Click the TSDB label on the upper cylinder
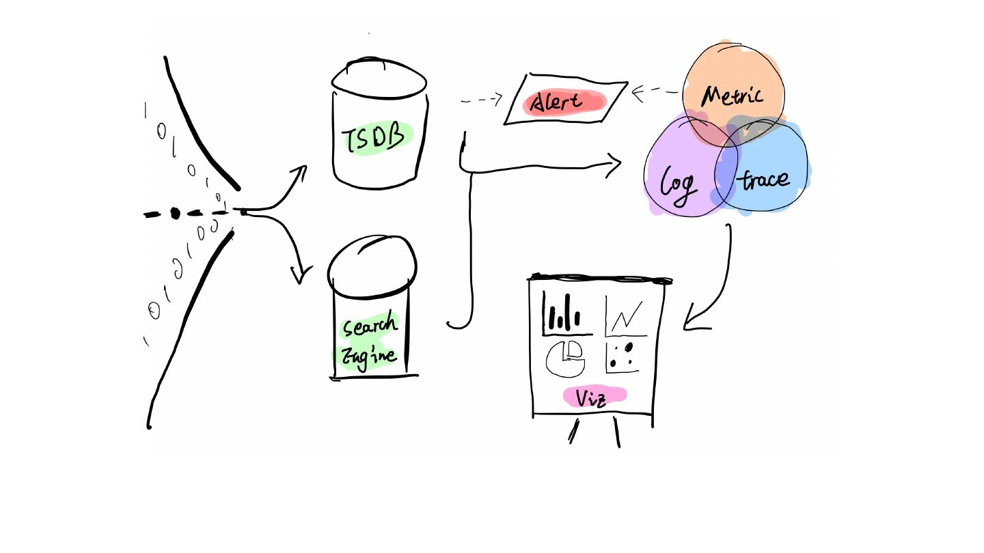(x=377, y=139)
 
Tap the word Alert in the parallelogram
(x=557, y=103)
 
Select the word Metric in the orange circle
(x=732, y=95)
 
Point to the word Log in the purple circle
(x=678, y=183)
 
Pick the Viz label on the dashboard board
(x=592, y=397)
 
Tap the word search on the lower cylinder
(x=370, y=326)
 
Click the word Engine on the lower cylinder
(x=369, y=356)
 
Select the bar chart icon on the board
(x=564, y=315)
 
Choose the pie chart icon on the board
(x=565, y=358)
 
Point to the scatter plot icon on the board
(x=622, y=356)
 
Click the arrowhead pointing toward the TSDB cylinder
(x=300, y=171)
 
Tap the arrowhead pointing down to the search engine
(x=300, y=275)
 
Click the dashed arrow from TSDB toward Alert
(x=482, y=100)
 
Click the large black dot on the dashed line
(x=175, y=214)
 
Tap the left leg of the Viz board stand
(x=573, y=431)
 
